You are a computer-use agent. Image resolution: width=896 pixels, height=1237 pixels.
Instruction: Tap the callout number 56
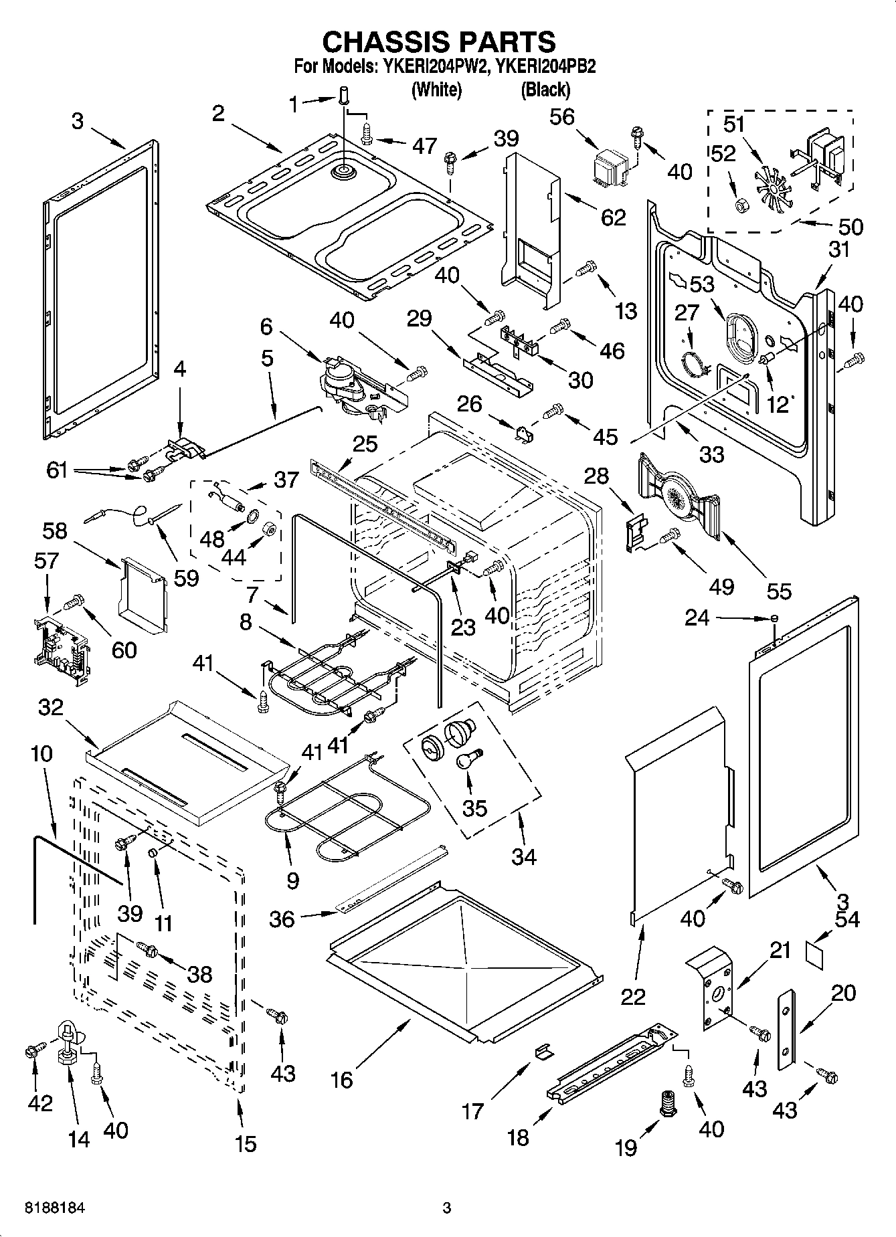[x=561, y=116]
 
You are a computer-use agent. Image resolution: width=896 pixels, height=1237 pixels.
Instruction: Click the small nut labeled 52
[x=741, y=205]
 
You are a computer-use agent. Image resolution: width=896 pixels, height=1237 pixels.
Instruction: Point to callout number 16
[x=342, y=1079]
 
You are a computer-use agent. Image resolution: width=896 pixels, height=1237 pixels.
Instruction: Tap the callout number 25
[x=366, y=444]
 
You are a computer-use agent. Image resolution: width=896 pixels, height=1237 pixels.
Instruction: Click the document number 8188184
[x=55, y=1208]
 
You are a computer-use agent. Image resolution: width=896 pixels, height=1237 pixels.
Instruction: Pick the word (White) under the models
[x=436, y=89]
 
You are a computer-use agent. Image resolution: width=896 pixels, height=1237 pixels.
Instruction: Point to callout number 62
[x=612, y=217]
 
